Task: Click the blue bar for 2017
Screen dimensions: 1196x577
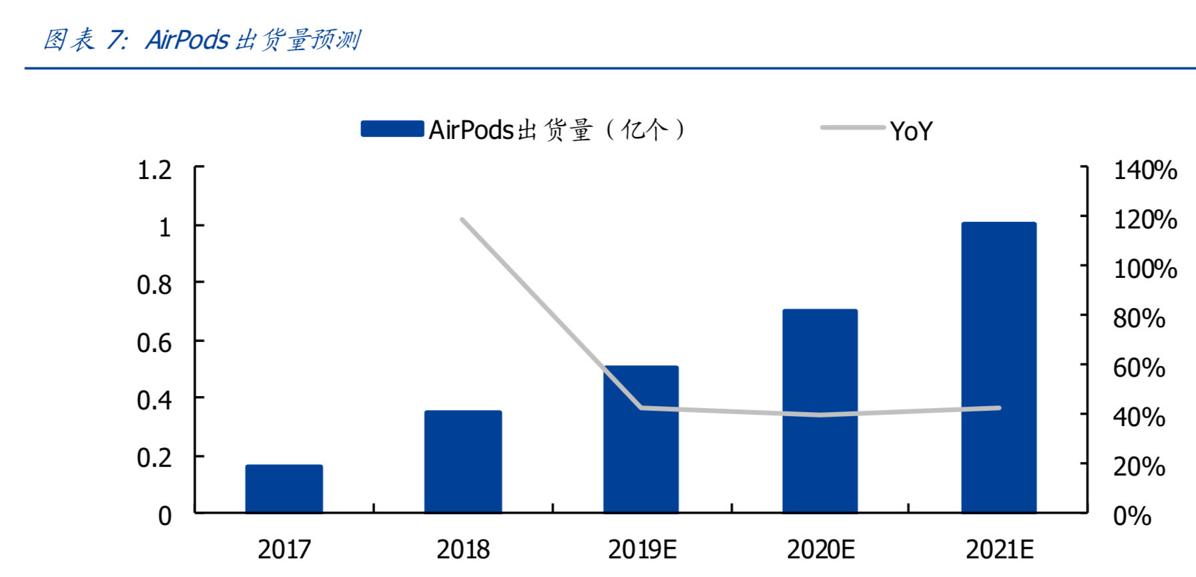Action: coord(284,489)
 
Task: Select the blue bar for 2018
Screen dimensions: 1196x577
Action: coord(463,461)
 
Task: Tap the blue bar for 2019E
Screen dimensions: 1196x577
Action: coord(641,439)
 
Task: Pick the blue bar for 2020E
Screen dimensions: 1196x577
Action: coord(820,411)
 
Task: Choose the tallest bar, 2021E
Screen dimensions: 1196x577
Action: coord(998,367)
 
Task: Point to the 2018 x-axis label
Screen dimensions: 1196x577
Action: coord(463,550)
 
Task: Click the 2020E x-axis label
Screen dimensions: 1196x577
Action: coord(820,550)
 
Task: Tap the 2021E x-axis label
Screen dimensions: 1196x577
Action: coord(999,550)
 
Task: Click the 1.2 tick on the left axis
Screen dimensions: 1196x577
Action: coord(154,170)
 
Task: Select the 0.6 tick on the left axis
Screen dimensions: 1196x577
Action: coord(154,343)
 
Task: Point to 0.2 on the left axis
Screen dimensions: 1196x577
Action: coord(154,458)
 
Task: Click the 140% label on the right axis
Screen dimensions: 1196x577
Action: coord(1145,170)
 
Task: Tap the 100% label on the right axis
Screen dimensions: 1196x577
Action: coord(1145,269)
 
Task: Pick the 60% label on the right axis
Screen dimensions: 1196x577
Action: coord(1139,368)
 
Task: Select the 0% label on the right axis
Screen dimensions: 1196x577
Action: coord(1133,516)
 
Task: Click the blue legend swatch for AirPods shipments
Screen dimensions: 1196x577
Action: coord(392,129)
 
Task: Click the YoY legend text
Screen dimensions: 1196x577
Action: coord(911,131)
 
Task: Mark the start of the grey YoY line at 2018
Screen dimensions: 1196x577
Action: coord(462,219)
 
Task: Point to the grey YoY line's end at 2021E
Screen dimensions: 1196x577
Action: coord(999,407)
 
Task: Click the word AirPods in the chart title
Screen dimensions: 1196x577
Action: coord(188,40)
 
